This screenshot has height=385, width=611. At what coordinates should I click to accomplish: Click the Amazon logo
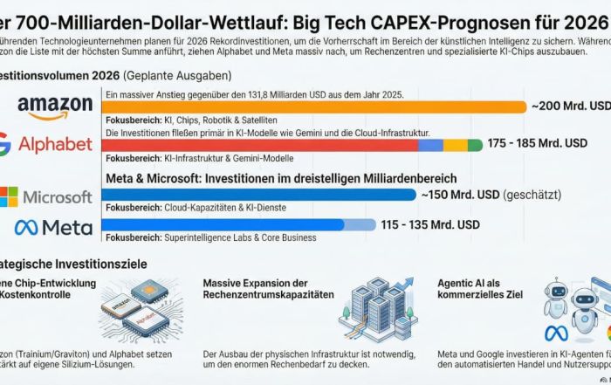(54, 107)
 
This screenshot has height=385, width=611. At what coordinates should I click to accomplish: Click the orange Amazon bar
(314, 107)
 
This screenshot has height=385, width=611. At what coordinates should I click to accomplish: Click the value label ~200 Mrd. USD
(571, 106)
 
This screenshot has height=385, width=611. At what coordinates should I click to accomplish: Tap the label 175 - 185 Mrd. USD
(537, 142)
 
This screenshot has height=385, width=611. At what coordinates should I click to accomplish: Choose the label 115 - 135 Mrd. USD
(429, 224)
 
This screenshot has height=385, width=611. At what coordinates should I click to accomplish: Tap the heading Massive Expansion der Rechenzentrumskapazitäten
(268, 289)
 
